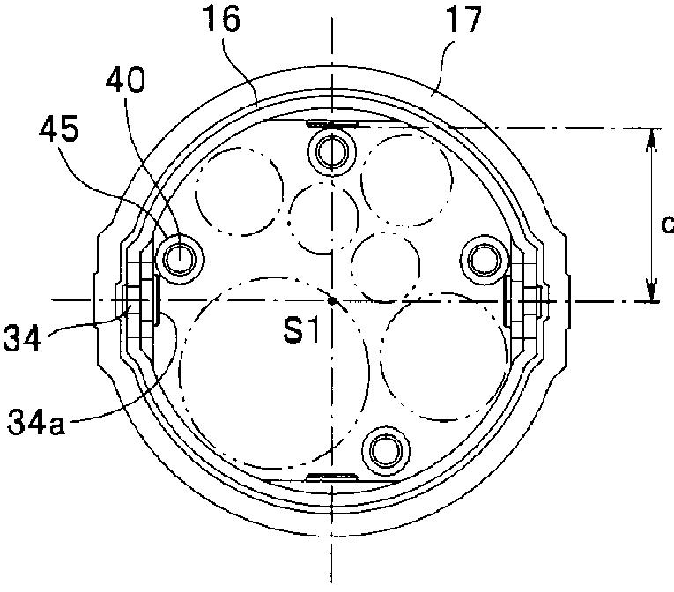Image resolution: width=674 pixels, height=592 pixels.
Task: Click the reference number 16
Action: click(x=222, y=18)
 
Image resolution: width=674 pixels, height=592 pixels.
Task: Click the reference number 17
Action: click(x=463, y=18)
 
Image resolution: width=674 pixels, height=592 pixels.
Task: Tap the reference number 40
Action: click(x=125, y=80)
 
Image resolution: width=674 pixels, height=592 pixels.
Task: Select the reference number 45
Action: click(x=59, y=129)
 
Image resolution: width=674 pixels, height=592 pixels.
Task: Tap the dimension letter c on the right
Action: click(x=668, y=224)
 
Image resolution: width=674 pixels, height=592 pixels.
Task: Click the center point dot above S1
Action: click(x=331, y=300)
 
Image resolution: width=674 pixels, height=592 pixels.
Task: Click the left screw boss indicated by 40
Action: click(x=180, y=259)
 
